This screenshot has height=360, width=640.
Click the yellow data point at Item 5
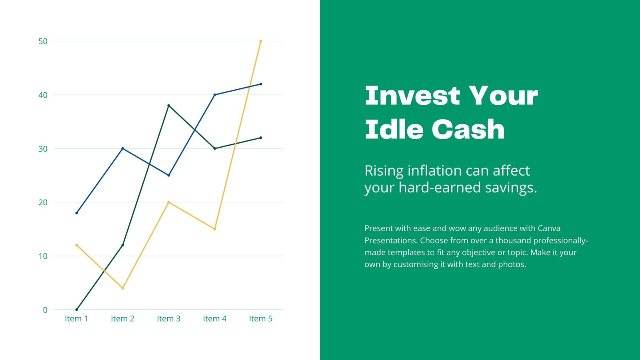260,41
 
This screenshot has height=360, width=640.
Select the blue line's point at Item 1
76,213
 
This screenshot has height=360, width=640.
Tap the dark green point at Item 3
168,106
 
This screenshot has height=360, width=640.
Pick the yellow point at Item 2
122,288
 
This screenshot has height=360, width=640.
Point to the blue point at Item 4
214,95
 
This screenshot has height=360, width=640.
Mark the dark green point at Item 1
76,310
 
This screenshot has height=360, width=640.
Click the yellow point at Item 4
214,229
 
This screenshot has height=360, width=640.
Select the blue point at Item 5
260,84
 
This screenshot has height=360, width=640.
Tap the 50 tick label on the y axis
43,42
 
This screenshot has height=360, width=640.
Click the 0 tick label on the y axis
45,310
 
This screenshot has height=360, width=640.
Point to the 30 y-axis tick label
43,149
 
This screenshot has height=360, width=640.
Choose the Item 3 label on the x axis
168,318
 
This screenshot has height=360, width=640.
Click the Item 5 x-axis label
260,318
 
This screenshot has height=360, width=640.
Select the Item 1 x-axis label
76,318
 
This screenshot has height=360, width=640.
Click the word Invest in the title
412,96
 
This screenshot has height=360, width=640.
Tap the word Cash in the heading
468,129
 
